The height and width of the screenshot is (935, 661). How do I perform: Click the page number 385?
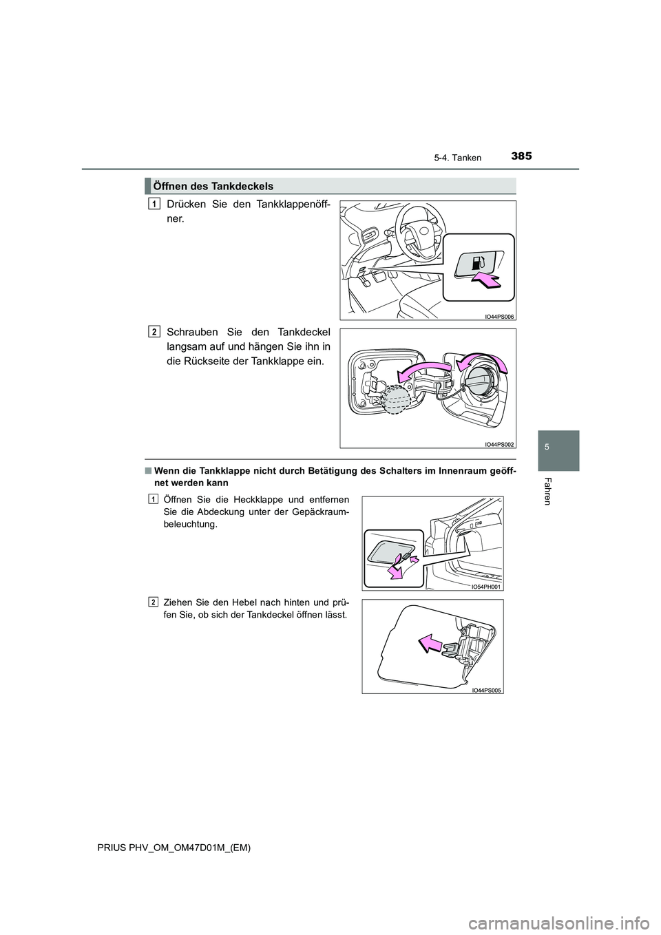point(521,156)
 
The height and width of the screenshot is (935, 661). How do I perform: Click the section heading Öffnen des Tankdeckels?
point(213,186)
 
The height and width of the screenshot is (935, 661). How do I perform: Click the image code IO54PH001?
point(485,587)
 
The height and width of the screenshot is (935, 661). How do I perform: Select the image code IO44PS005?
point(485,691)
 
